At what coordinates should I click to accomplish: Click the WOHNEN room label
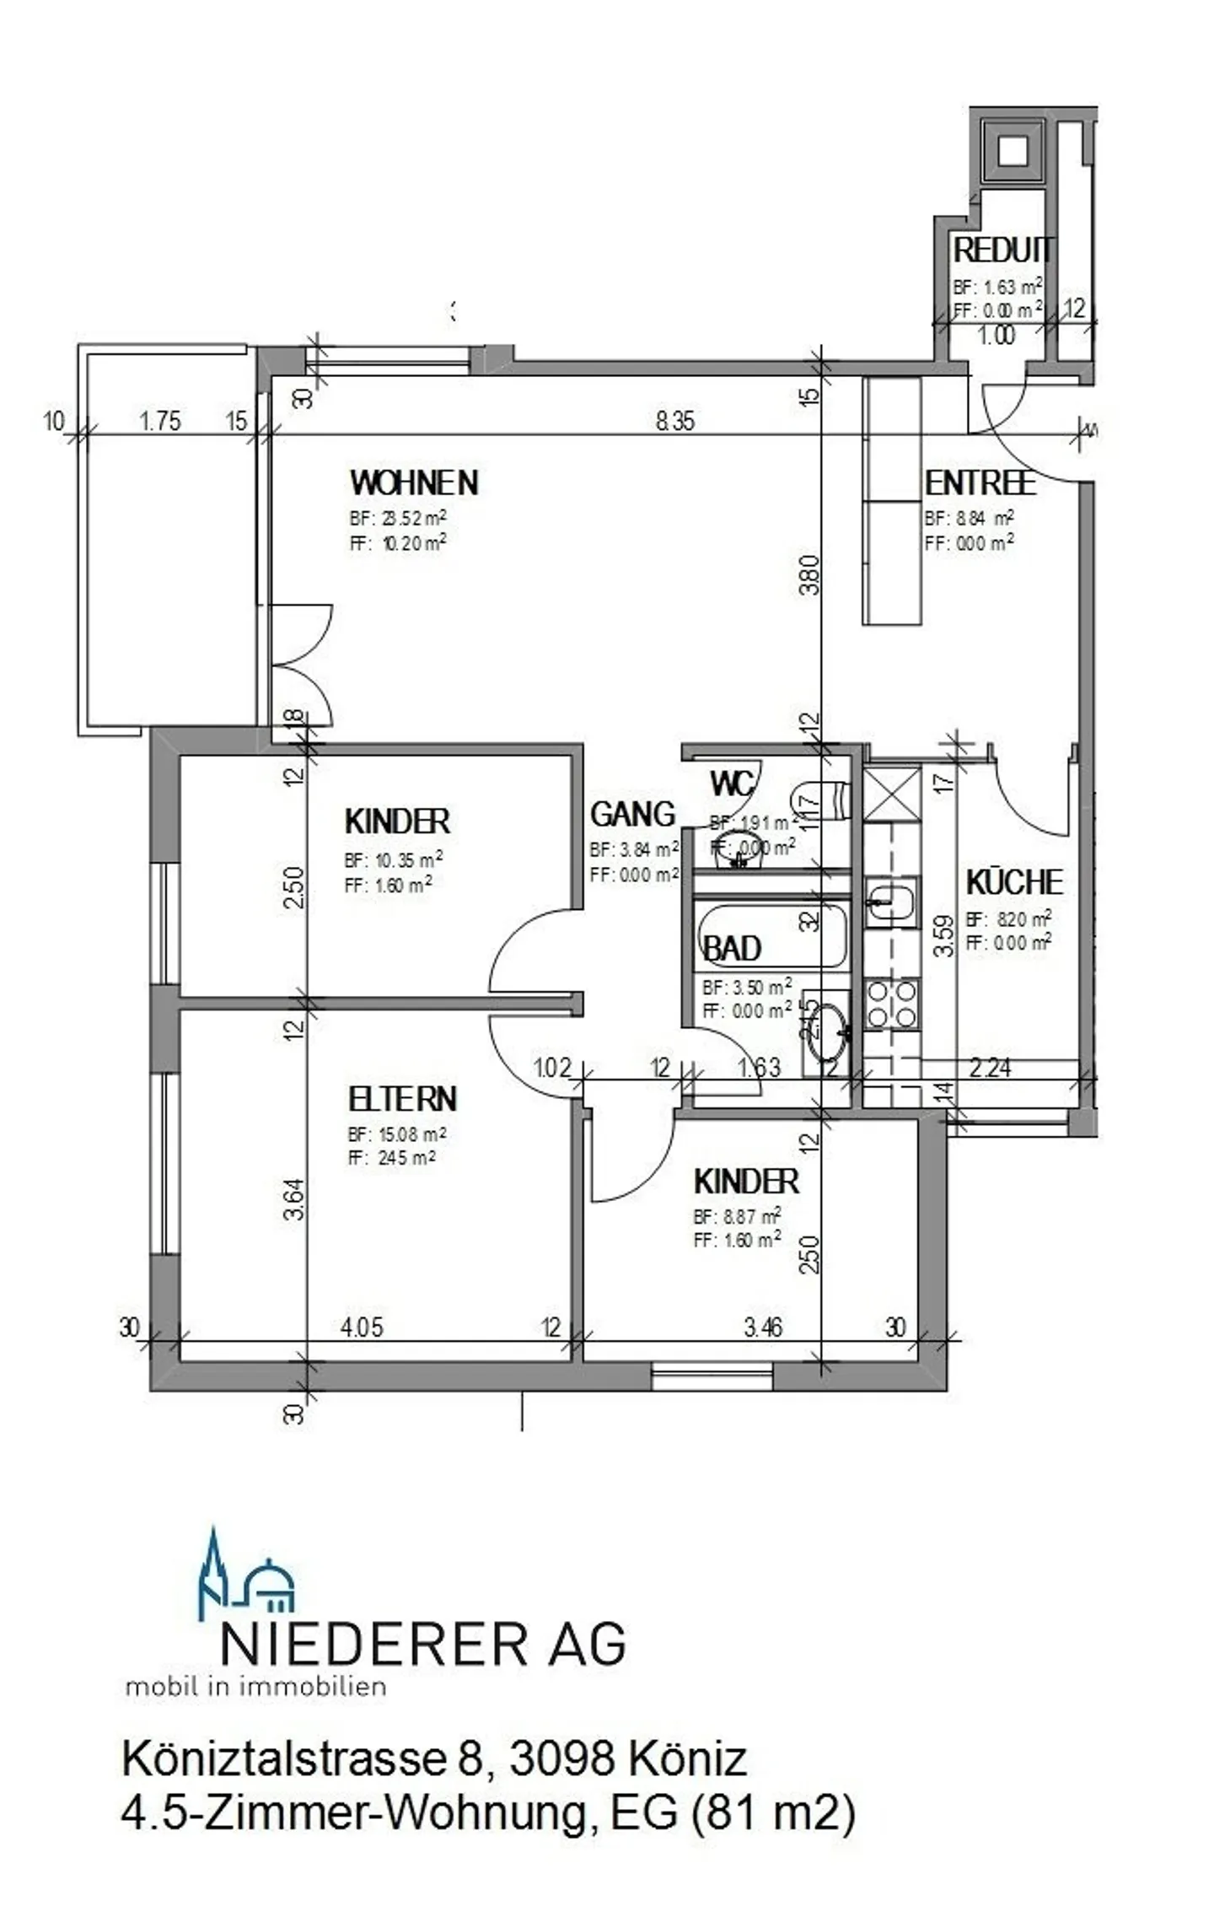coord(414,483)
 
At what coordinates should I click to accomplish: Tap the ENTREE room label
coord(980,483)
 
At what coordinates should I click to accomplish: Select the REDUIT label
coord(1002,250)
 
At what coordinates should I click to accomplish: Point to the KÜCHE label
coord(1014,882)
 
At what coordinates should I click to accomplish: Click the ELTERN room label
coord(402,1099)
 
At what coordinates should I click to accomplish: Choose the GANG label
coord(632,814)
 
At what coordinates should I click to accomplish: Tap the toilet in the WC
coord(821,800)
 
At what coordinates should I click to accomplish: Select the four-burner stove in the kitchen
coord(891,1004)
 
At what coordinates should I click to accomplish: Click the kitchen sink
coord(891,901)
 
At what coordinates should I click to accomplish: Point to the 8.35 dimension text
coord(675,421)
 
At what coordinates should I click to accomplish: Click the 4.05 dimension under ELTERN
coord(362,1327)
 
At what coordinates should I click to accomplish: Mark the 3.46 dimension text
coord(763,1327)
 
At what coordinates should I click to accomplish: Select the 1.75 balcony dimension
coord(159,421)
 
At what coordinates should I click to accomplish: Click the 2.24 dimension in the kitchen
coord(990,1068)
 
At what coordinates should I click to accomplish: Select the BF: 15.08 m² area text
coord(397,1134)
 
